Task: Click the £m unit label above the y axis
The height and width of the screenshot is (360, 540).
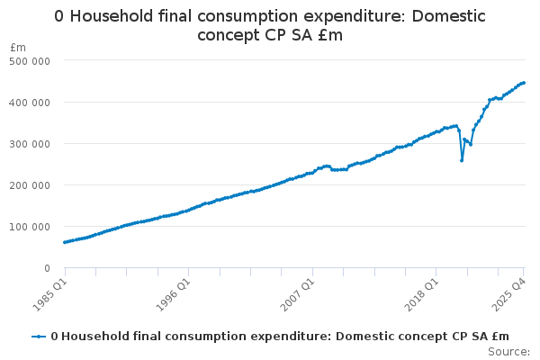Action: click(x=18, y=47)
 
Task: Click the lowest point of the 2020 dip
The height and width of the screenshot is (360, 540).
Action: click(x=462, y=160)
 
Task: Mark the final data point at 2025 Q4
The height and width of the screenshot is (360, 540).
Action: click(x=524, y=83)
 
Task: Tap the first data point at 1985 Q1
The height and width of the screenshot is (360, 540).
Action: click(x=65, y=242)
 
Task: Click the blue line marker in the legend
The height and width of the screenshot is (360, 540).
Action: click(x=39, y=337)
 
